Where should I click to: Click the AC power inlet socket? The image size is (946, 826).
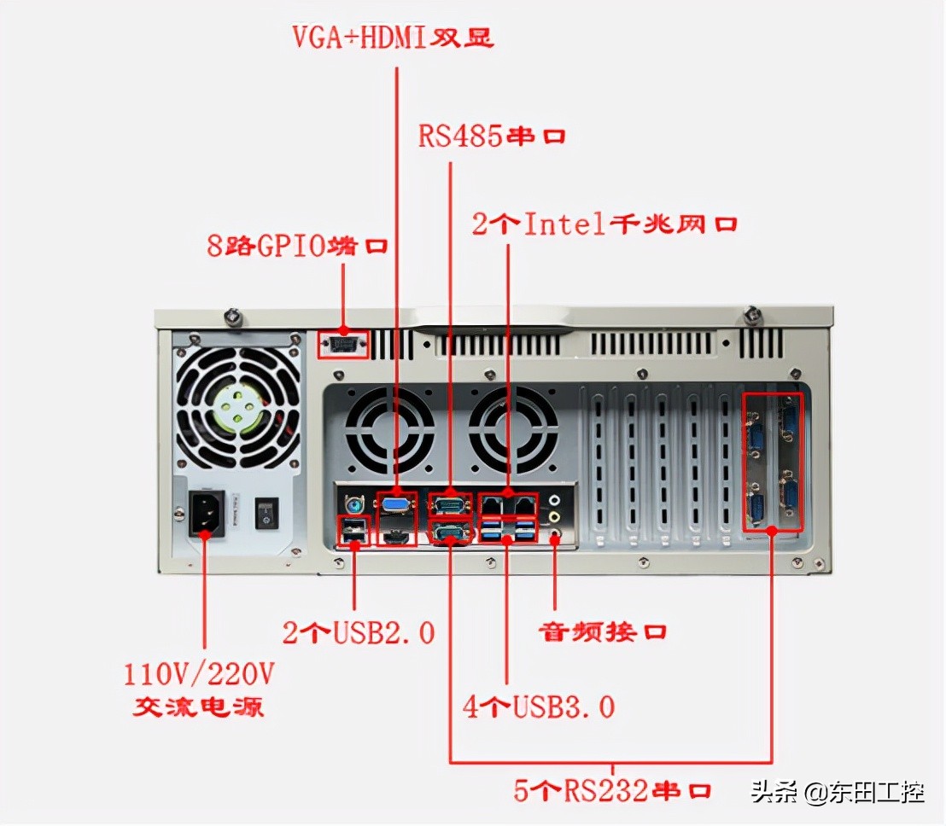pos(206,512)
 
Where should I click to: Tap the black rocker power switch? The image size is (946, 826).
pos(266,513)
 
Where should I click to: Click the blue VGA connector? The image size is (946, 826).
pos(395,506)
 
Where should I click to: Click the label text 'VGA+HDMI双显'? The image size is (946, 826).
pos(393,39)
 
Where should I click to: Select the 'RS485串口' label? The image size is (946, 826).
pos(492,137)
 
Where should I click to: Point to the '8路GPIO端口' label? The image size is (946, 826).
pos(298,247)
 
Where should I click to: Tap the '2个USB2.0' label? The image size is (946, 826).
pos(359,632)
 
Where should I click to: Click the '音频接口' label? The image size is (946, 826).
pos(602,632)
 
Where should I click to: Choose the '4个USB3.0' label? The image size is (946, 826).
pos(539,707)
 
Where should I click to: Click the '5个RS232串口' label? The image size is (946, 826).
pos(612,790)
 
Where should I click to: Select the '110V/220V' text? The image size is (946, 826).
pos(199,675)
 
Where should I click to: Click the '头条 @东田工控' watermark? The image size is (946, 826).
pos(837,793)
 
